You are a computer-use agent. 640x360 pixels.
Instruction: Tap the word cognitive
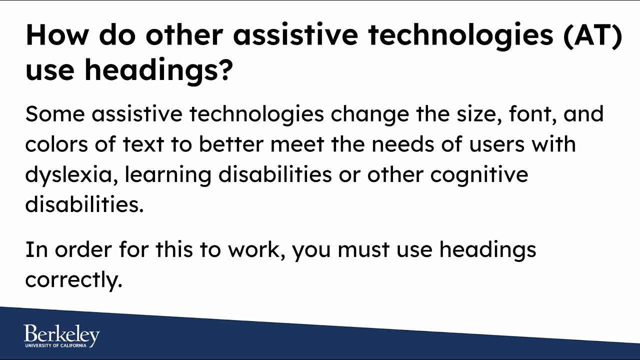[479, 175]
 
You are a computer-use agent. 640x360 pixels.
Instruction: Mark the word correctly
[73, 280]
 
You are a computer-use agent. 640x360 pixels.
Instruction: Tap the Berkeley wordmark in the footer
[61, 334]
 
